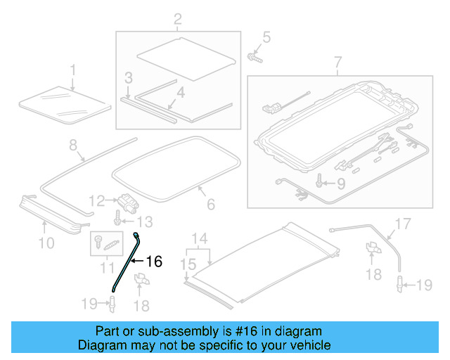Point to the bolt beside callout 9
(x=321, y=184)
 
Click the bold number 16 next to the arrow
(x=153, y=262)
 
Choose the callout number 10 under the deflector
(x=46, y=244)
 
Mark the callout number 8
(x=72, y=146)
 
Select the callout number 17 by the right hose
(x=402, y=225)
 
